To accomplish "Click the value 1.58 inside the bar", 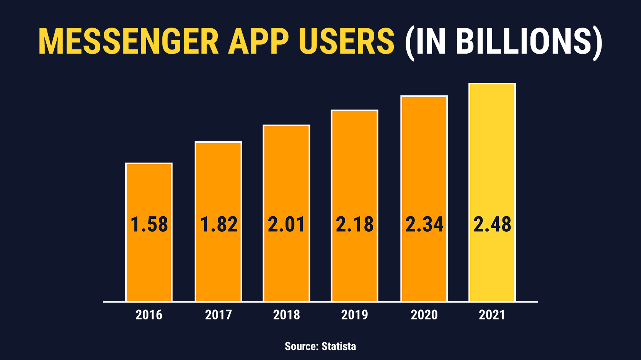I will (x=149, y=224).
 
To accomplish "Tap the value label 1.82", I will (x=219, y=224).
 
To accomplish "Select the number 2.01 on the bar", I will (x=286, y=224).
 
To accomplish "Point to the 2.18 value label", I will (x=354, y=224).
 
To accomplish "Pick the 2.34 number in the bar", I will (x=424, y=224).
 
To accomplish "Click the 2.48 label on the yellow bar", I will (x=492, y=224).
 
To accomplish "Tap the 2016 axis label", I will (x=149, y=315).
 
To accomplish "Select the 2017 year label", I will (x=219, y=315).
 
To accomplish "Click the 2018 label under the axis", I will (x=286, y=315).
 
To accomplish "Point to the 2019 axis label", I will (x=354, y=315).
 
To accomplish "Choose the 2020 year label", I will (x=424, y=315).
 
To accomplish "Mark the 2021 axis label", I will (x=492, y=315).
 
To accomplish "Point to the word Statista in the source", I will (x=339, y=346).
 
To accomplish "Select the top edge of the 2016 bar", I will (x=149, y=164).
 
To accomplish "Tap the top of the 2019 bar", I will (x=354, y=111).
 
